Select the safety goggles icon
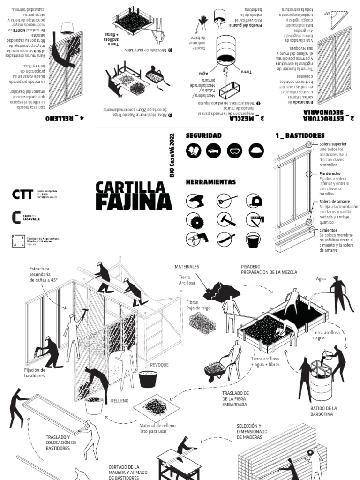(235, 150)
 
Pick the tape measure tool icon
(255, 201)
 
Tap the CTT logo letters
(23, 194)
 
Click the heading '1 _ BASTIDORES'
(300, 135)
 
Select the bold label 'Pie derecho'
(330, 173)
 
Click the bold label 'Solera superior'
(333, 144)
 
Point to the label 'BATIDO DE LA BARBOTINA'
(323, 411)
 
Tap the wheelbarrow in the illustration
(217, 370)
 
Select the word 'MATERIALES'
(187, 266)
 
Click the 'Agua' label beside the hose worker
(321, 278)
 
